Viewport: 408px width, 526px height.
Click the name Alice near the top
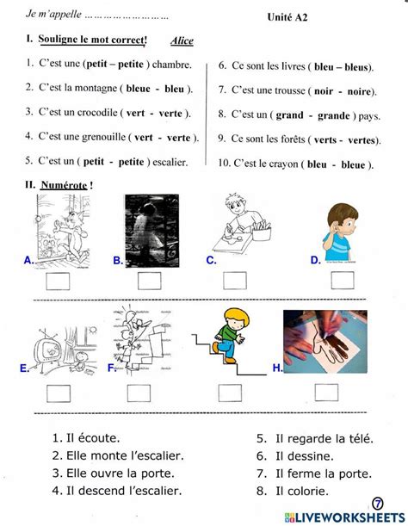tap(182, 41)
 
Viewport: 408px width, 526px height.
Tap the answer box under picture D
tap(343, 280)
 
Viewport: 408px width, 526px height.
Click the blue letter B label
tap(117, 259)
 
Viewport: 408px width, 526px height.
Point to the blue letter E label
tap(23, 368)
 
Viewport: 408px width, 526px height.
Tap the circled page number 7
tap(377, 503)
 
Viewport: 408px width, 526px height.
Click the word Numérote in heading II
tap(64, 184)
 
